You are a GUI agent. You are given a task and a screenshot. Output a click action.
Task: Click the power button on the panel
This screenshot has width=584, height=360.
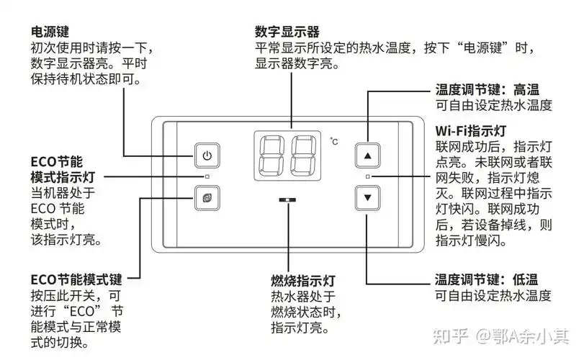coord(207,155)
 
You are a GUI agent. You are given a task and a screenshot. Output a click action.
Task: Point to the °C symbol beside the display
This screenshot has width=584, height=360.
coord(333,142)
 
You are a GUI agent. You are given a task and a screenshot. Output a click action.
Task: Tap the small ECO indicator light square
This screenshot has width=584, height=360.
coord(207,176)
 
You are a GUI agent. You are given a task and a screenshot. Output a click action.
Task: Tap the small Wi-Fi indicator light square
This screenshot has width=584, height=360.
coord(368,176)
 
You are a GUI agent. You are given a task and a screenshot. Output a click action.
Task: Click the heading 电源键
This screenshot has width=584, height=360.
coord(48,32)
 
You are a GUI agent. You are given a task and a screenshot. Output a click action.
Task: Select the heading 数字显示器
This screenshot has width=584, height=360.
coord(287,32)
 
